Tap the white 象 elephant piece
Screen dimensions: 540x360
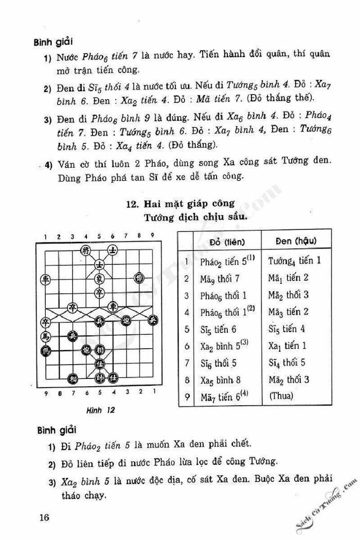99,279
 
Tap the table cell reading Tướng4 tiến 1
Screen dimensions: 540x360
295,260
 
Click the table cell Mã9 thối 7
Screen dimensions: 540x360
222,278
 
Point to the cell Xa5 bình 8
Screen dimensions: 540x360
222,380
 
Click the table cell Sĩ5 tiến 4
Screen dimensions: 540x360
290,329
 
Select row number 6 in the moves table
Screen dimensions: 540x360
187,346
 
